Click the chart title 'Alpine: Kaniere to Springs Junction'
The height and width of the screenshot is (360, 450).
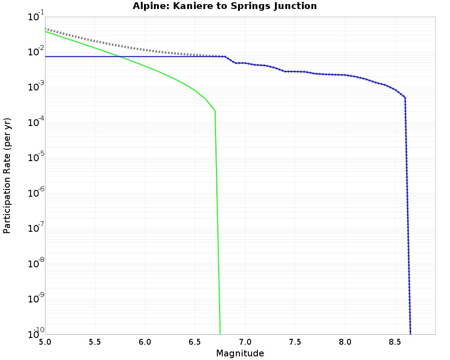[x=225, y=6]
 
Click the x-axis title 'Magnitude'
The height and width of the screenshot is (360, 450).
[x=240, y=353]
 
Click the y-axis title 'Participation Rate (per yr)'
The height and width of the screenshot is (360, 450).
[x=7, y=175]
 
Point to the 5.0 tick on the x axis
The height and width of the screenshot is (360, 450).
[x=45, y=342]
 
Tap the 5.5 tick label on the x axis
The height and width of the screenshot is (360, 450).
[x=95, y=342]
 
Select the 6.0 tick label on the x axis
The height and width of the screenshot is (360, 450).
[x=145, y=342]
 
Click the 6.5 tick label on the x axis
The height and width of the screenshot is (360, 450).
[x=195, y=342]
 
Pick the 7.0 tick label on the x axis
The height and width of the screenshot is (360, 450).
[x=245, y=342]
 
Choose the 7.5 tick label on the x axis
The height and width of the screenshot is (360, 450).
[x=295, y=342]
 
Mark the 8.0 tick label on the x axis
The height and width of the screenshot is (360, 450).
[x=345, y=342]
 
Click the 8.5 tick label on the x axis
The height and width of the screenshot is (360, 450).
[x=395, y=342]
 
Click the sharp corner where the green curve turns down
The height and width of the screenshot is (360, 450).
[x=215, y=111]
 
